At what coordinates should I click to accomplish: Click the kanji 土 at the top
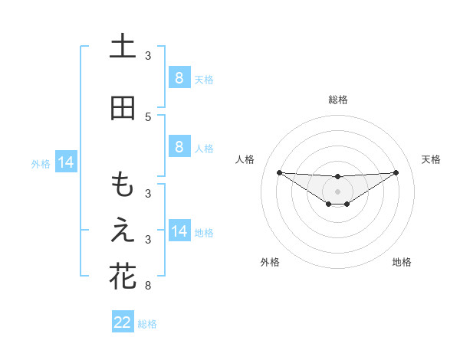pos(123,47)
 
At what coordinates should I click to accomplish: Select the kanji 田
pos(123,108)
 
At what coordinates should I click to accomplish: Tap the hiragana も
pos(123,185)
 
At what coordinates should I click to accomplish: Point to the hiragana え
pos(123,231)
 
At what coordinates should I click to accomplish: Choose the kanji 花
pos(123,276)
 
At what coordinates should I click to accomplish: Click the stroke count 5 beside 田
pos(148,117)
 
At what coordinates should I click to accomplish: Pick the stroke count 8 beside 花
pos(148,286)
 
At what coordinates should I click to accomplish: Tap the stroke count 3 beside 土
pos(148,56)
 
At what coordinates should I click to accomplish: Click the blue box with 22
pos(123,322)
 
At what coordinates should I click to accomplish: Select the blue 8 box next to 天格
pos(179,77)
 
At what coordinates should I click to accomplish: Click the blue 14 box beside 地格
pos(179,231)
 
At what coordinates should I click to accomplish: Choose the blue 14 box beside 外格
pos(65,162)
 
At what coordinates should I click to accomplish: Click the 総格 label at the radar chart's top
pos(338,100)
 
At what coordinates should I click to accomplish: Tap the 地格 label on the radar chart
pos(402,262)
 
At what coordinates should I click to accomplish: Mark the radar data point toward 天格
pos(396,172)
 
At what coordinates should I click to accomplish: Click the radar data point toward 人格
pos(279,172)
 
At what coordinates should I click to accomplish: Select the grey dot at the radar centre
pos(338,191)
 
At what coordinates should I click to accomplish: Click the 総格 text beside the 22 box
pos(147,324)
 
